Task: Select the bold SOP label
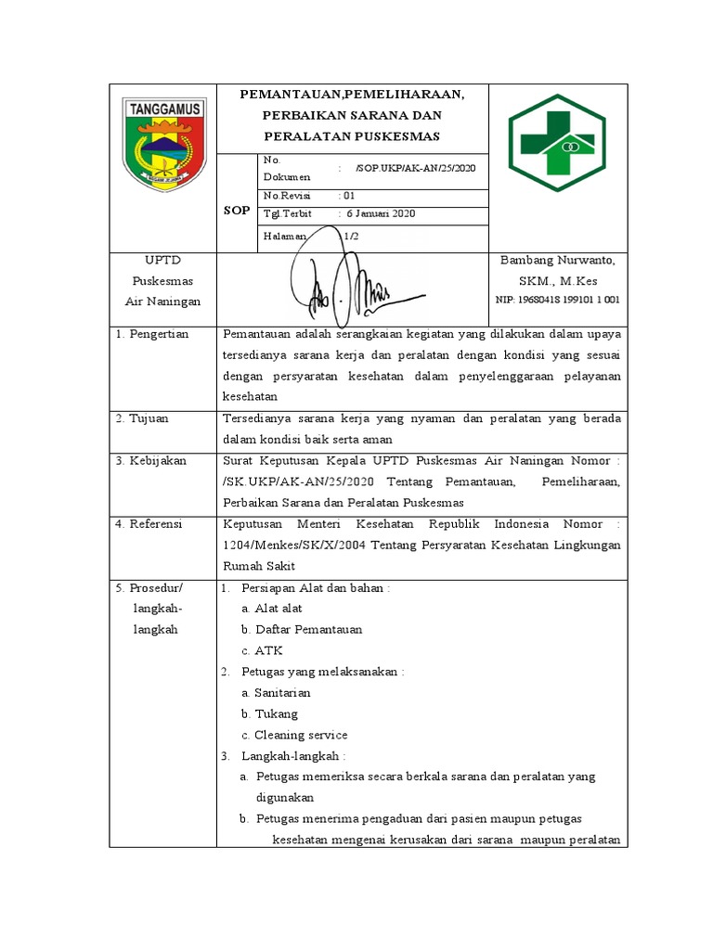click(237, 211)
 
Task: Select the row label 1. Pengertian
click(152, 334)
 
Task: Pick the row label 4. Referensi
click(149, 524)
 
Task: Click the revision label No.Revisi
click(286, 196)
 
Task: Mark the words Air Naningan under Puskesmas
click(162, 302)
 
